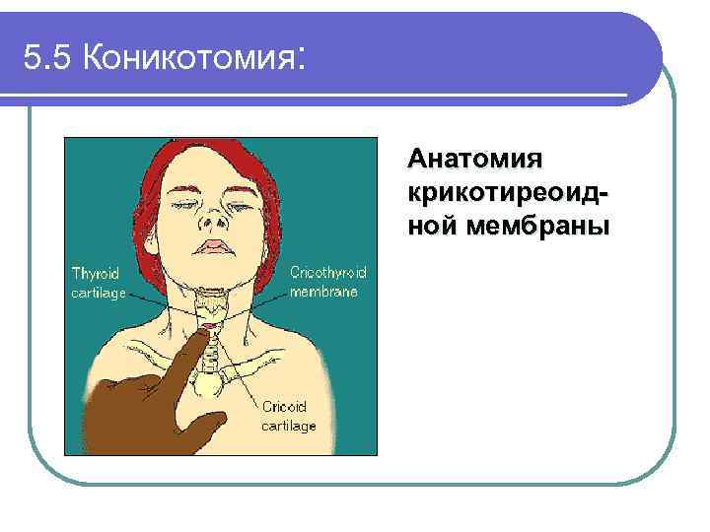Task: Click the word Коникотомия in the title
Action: [188, 60]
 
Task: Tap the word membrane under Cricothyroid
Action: [323, 293]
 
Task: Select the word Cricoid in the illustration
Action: [285, 406]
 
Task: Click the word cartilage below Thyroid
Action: [97, 295]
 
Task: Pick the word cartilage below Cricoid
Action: [288, 427]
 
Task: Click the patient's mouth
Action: [214, 246]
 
